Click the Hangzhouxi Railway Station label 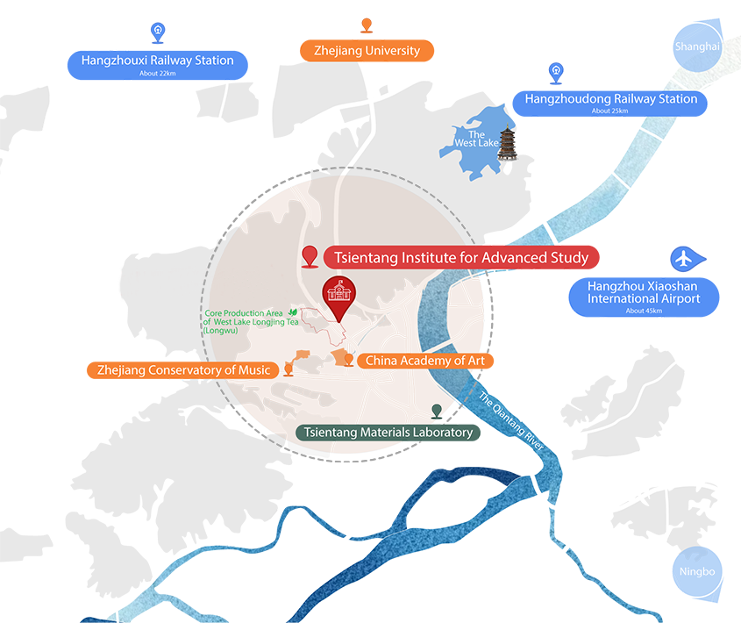(157, 61)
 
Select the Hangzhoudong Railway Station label (611, 99)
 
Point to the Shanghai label (697, 47)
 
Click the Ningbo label (697, 572)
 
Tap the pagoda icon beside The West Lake (511, 147)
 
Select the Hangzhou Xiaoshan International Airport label (644, 292)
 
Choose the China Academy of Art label (431, 361)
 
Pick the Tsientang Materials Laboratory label (388, 432)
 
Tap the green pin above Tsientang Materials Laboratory (437, 410)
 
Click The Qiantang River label (511, 421)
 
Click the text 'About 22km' (157, 73)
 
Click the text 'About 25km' (610, 111)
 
